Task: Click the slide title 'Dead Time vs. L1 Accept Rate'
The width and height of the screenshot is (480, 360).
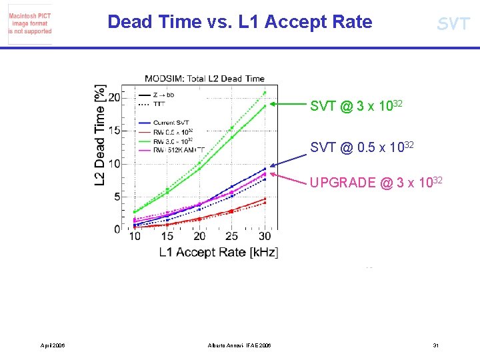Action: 239,22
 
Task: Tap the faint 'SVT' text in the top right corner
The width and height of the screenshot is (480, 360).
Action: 453,24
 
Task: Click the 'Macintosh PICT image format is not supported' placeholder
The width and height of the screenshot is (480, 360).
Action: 29,23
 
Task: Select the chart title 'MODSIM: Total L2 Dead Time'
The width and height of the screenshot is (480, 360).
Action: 204,79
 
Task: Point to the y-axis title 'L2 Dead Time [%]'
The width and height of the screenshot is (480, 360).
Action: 100,135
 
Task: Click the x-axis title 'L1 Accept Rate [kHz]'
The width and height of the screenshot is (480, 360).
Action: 218,252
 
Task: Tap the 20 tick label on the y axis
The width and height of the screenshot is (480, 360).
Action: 114,98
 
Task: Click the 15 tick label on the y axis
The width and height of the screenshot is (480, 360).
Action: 114,131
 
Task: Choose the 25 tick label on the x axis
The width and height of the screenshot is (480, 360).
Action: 232,237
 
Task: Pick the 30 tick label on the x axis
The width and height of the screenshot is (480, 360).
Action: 265,237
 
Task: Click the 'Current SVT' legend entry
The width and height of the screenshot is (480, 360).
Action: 172,123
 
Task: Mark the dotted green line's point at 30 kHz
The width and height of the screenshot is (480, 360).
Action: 265,93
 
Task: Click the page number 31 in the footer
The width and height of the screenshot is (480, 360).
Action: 435,345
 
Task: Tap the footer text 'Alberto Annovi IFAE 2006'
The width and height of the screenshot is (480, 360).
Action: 239,345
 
